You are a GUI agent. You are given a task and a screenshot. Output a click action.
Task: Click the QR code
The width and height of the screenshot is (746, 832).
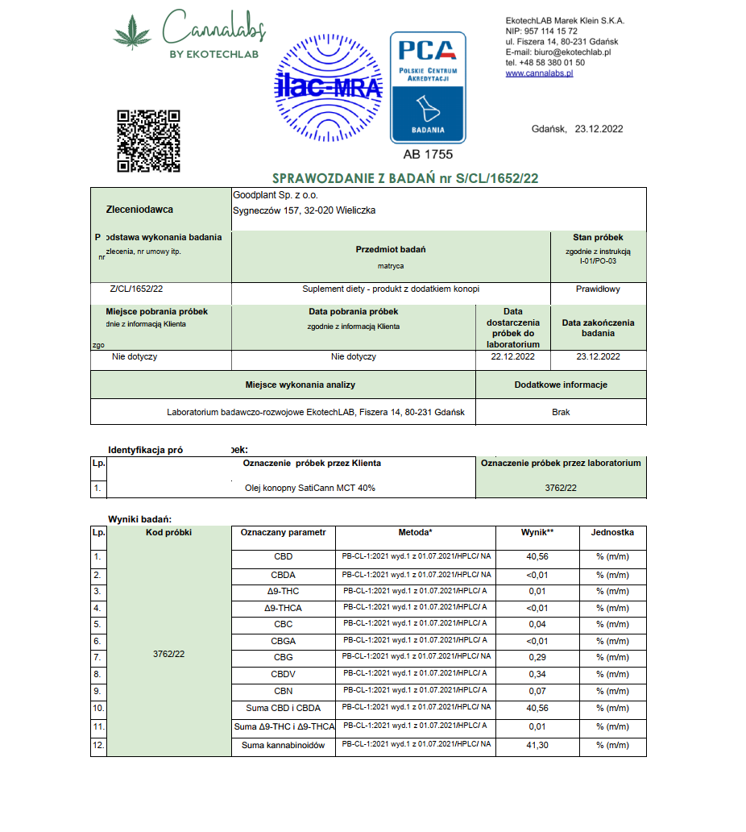point(148,140)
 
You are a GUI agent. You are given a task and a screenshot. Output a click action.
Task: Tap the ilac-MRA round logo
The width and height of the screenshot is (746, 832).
point(329,86)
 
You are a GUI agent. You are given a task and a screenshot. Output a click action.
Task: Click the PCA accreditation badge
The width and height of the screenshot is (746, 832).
point(428,87)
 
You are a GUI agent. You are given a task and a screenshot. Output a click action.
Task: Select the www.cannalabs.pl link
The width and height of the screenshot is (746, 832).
point(539,73)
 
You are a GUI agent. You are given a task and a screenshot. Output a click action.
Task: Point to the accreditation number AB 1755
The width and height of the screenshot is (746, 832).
point(428,154)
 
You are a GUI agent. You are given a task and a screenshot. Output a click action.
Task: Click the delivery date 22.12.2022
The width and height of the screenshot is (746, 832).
point(512,356)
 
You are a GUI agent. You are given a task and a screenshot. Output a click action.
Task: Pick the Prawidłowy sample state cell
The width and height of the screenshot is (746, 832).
point(598,289)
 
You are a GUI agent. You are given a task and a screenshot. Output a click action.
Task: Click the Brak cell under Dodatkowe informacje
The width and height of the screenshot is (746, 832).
point(561,412)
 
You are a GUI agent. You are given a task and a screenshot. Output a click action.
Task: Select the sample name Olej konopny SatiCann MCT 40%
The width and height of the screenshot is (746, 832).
point(310,488)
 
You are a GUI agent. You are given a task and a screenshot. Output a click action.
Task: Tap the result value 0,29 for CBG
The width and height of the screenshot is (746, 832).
point(537,658)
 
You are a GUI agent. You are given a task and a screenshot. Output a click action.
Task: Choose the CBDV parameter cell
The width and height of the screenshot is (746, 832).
point(283,674)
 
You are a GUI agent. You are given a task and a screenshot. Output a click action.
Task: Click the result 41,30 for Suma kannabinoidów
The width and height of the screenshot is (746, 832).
point(537,746)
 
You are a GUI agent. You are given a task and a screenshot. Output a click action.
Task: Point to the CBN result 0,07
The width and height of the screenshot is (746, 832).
point(537,691)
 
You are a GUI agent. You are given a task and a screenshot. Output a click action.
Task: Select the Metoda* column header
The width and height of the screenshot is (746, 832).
point(415,533)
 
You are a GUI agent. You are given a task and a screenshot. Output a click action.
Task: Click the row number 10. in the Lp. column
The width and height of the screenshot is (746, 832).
point(97,707)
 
